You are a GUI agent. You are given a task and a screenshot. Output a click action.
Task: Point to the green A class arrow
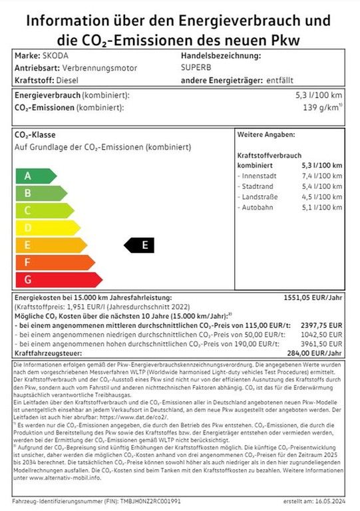click(35, 176)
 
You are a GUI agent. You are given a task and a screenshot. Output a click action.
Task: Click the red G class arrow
click(57, 279)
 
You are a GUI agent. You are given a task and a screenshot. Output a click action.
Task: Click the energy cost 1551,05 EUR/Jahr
click(315, 298)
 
